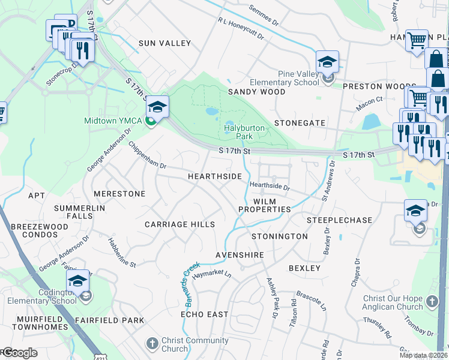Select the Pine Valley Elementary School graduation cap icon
[327, 62]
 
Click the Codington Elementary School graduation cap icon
[77, 281]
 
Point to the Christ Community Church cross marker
[152, 343]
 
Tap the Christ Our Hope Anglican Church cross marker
[432, 302]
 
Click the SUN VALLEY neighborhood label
[164, 43]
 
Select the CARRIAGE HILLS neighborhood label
[179, 224]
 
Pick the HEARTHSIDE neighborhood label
[214, 176]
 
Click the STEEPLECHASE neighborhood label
[339, 220]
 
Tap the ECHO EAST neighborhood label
[205, 314]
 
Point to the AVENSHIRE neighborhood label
[240, 256]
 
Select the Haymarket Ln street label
[211, 273]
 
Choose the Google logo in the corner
[19, 353]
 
